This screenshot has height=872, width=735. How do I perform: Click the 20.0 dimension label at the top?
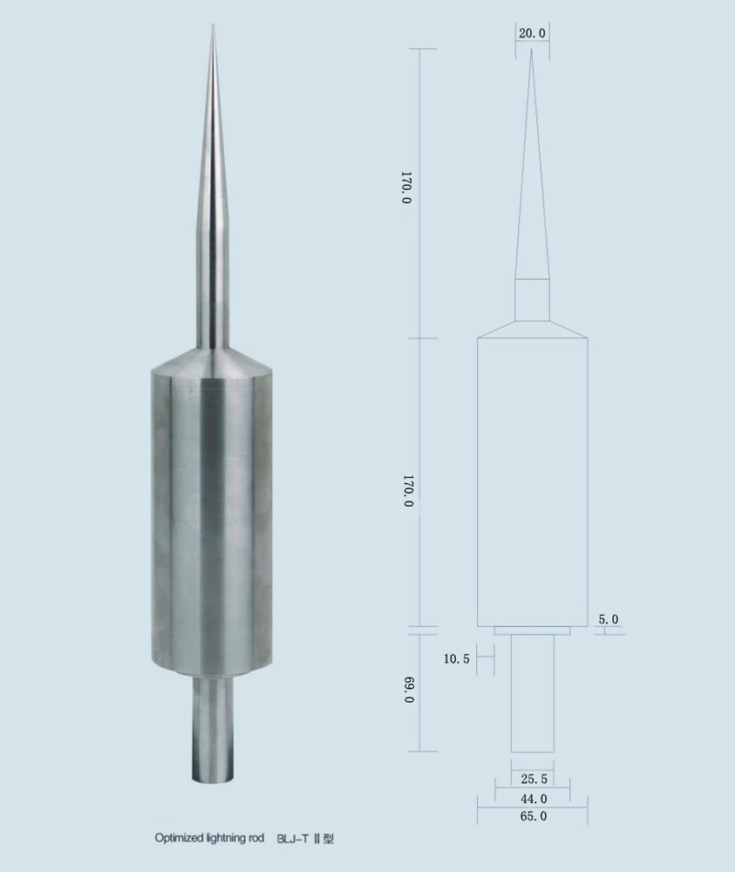[532, 33]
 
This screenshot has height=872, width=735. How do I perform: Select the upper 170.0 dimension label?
[406, 187]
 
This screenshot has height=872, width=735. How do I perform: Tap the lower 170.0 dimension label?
[408, 490]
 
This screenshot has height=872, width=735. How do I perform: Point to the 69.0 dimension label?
[409, 690]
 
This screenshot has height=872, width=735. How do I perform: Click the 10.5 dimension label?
[457, 659]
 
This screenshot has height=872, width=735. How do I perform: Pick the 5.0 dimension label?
[609, 619]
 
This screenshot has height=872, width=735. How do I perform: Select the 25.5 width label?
[534, 779]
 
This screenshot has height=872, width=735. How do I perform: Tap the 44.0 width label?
[534, 799]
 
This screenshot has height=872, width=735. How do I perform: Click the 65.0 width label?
[534, 816]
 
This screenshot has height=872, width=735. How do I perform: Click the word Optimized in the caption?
[174, 838]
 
